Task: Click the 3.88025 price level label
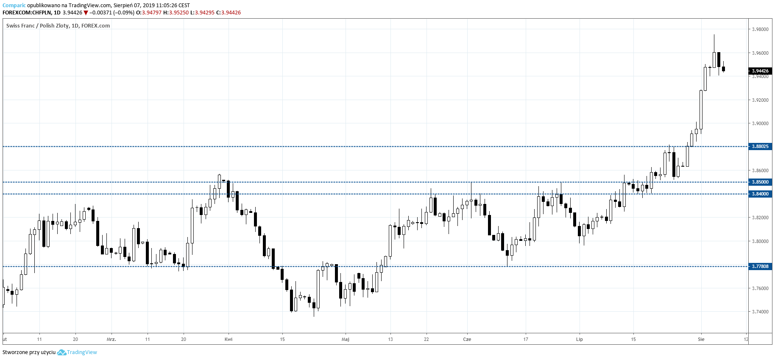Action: point(760,146)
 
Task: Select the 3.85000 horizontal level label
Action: point(760,182)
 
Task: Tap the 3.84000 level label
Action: point(760,194)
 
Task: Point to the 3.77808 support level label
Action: point(760,266)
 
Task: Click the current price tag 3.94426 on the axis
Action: point(760,71)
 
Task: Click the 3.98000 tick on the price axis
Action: point(760,29)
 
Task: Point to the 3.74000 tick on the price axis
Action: point(760,312)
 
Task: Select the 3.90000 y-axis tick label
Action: point(760,123)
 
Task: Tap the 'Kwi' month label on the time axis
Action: point(229,339)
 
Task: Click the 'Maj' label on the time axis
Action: point(346,339)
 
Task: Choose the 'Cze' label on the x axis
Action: point(467,339)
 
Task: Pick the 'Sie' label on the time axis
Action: point(701,339)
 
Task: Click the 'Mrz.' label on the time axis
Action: point(112,339)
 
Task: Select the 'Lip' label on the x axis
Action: point(579,339)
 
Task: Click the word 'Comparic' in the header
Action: point(14,6)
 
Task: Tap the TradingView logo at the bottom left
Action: point(77,352)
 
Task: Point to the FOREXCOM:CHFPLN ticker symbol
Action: point(26,13)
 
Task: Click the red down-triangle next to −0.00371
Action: point(86,13)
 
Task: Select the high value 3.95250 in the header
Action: point(178,13)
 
